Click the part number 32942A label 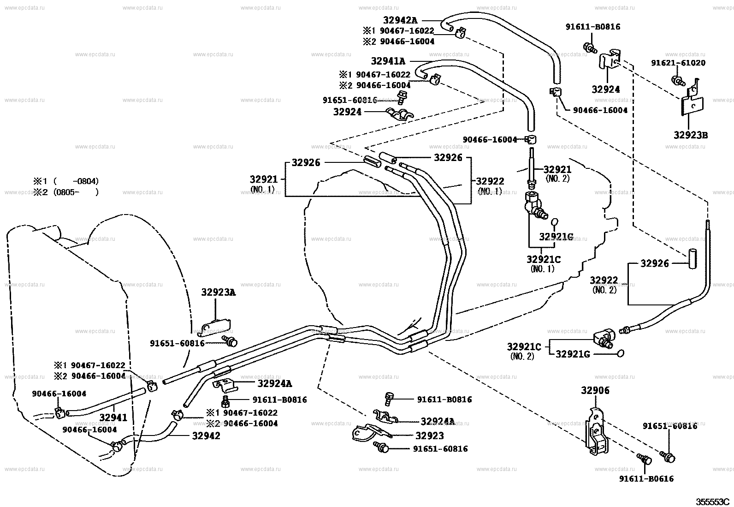[400, 20]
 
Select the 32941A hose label [388, 61]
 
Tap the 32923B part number [690, 135]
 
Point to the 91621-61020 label [678, 63]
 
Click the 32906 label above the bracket [595, 391]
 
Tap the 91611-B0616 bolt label [646, 478]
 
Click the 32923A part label [218, 292]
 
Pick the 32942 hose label [206, 435]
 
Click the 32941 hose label [113, 418]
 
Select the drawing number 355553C [712, 501]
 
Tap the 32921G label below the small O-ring [556, 237]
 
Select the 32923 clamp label [430, 435]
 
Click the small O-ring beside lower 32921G [621, 353]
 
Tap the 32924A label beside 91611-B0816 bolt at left [274, 383]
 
